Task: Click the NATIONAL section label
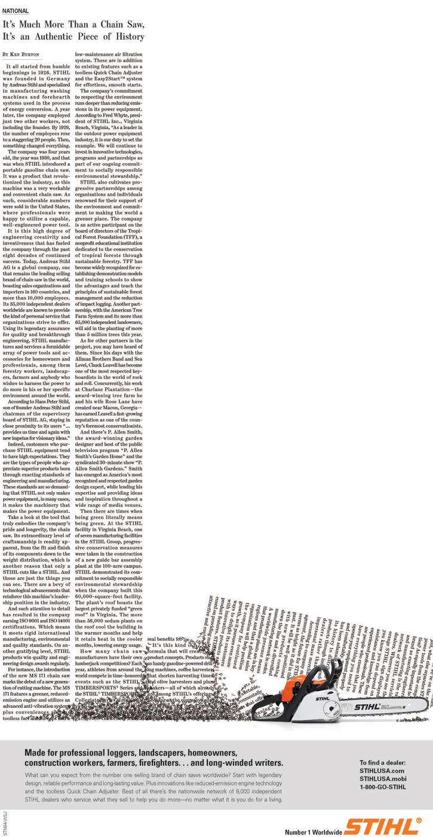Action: click(x=16, y=11)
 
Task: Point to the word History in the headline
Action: click(x=128, y=36)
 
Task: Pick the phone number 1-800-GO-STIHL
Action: click(x=383, y=787)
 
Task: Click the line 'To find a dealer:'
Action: click(x=382, y=763)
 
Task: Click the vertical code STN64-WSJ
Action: click(x=5, y=822)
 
